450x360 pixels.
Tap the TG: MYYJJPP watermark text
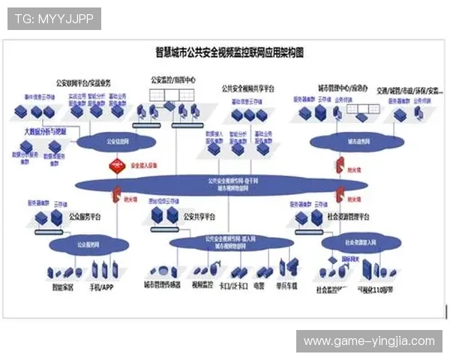point(53,18)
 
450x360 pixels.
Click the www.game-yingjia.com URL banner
point(369,341)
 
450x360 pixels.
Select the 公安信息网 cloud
point(112,140)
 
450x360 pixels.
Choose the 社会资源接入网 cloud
point(358,244)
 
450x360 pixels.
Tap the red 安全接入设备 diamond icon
point(116,166)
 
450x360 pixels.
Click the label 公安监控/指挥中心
point(173,78)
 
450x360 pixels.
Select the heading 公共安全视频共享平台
point(247,88)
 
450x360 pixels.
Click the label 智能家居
point(63,286)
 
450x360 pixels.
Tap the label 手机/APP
point(100,286)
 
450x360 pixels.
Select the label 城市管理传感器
point(162,286)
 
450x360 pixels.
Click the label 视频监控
point(203,286)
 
